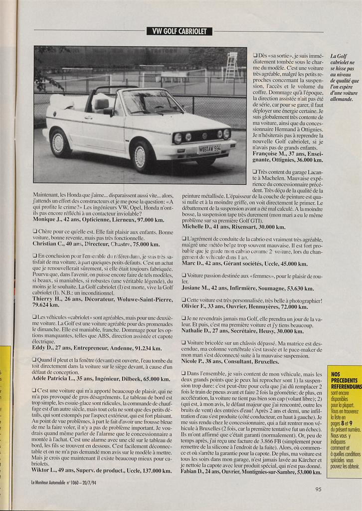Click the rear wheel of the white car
click(59, 142)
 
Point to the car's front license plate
click(209, 148)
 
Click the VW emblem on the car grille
click(204, 135)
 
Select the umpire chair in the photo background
click(231, 67)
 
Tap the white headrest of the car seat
click(102, 103)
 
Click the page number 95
click(318, 489)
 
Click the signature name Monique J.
click(49, 219)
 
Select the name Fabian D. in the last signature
click(198, 472)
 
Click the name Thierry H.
click(50, 298)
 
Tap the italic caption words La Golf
click(339, 57)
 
